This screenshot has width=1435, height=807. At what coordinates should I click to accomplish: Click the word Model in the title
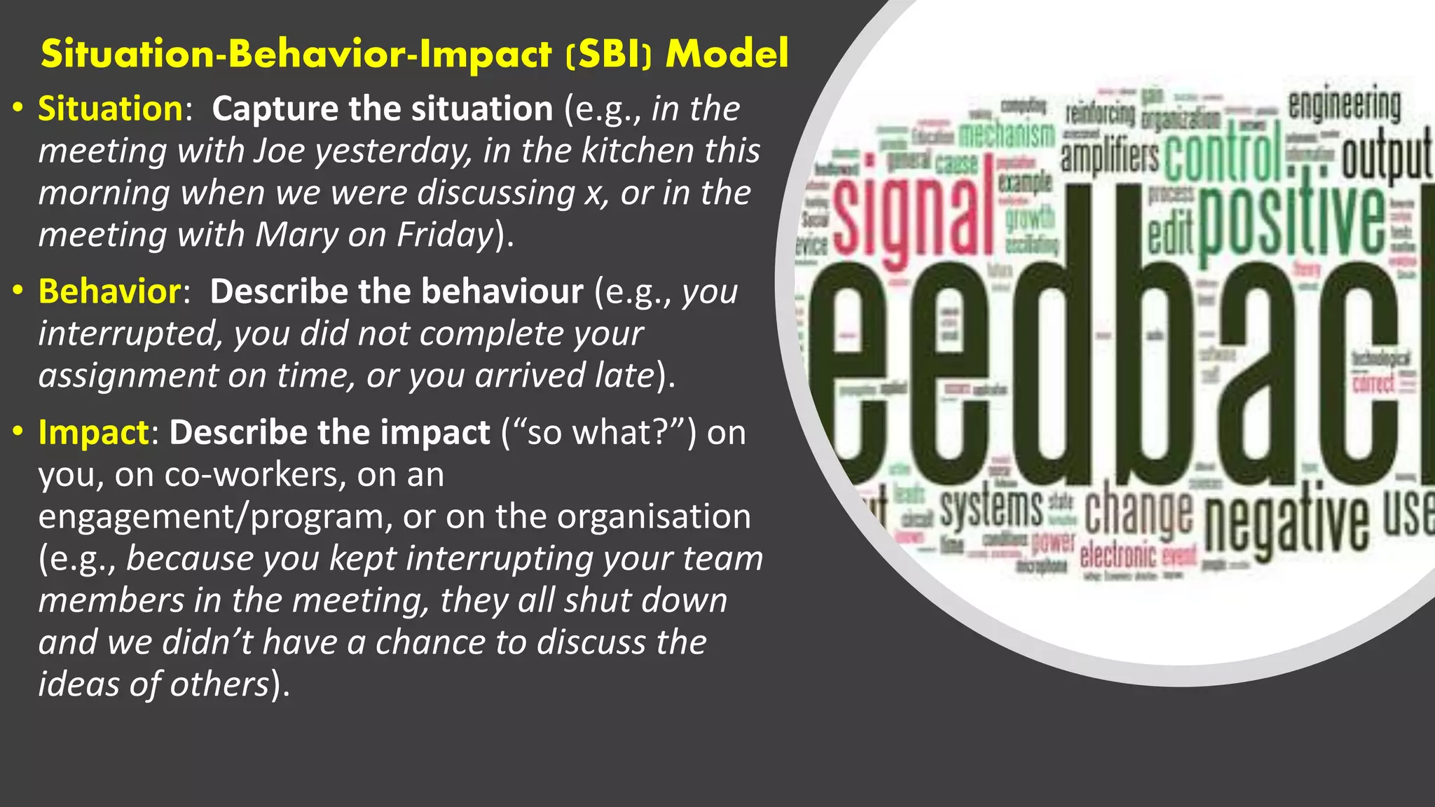[727, 54]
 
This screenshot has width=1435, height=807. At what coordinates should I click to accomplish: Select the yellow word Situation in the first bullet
[111, 109]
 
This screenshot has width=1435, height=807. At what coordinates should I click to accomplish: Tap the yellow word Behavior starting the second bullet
[110, 291]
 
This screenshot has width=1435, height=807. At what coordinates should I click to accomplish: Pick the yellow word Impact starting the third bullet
[93, 432]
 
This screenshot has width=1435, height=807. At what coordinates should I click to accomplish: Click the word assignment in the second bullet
[128, 375]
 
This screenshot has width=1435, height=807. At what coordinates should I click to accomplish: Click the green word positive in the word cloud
[1291, 221]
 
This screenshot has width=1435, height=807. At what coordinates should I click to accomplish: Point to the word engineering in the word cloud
[1344, 106]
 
